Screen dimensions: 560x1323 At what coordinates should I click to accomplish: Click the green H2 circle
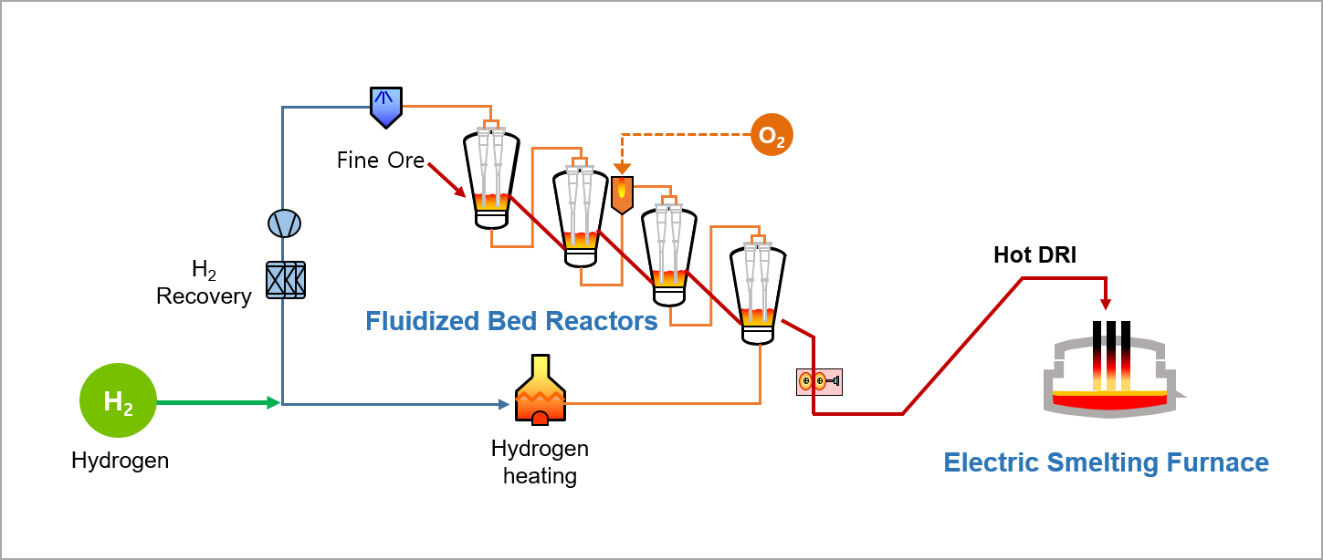pos(119,401)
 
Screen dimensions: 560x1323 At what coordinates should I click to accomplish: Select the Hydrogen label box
pos(120,460)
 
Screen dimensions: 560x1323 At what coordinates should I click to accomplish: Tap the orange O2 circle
pos(772,135)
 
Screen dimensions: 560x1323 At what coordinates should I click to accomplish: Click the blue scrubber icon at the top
pos(386,106)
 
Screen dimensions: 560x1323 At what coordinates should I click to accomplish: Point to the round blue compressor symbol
pos(284,223)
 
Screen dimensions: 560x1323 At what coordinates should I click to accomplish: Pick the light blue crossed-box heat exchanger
pos(285,279)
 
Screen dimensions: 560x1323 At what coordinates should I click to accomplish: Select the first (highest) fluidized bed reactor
pos(491,176)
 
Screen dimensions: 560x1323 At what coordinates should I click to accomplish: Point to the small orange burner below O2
pos(622,193)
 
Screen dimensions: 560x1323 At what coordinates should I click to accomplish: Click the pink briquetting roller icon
pos(818,381)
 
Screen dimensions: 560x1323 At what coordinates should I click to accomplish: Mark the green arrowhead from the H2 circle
pos(274,402)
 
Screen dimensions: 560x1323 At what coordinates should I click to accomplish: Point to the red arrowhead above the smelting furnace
pos(1106,305)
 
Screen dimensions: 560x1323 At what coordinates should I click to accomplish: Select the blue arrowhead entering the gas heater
pos(505,404)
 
